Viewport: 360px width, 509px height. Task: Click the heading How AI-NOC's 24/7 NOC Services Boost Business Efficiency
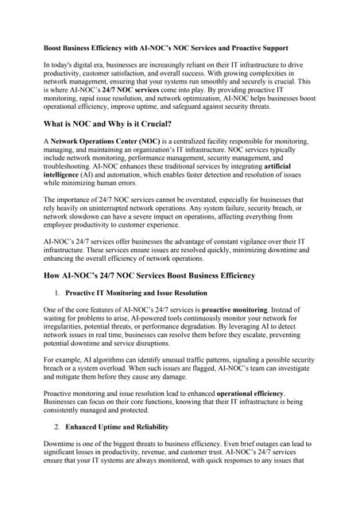(149, 276)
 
